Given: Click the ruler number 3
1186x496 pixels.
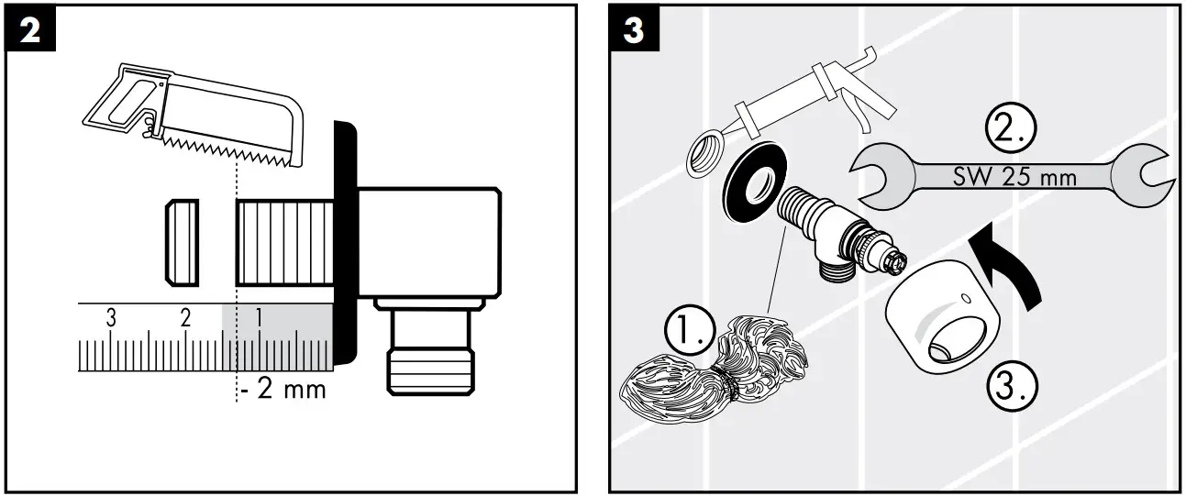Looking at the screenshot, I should click(x=111, y=318).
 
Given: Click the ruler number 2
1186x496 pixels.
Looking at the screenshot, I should click(x=185, y=318).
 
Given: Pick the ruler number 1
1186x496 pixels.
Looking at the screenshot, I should click(x=259, y=318).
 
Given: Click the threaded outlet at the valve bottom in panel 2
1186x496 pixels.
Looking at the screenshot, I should click(x=429, y=353).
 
